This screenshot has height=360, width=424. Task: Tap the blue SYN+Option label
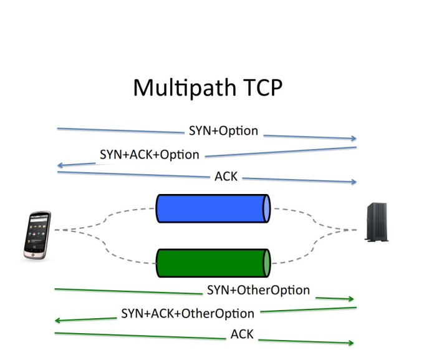[x=223, y=131]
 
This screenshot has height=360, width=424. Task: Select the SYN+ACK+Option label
[x=150, y=155]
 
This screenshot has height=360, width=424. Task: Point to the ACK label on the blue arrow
[x=226, y=177]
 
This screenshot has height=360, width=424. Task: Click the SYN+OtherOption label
[x=259, y=290]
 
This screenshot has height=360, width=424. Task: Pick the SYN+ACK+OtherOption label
[x=188, y=314]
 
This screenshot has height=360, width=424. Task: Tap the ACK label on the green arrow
[x=242, y=334]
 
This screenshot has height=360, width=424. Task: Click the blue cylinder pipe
[x=213, y=208]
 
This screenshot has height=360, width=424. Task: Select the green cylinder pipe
[x=213, y=263]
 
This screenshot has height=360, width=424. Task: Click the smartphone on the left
[x=37, y=235]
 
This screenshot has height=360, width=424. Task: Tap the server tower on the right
[x=377, y=222]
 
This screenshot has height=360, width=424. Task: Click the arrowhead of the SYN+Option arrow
[x=354, y=139]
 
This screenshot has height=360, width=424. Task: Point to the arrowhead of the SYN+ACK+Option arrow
[x=60, y=165]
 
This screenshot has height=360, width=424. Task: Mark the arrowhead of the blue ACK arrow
[x=354, y=182]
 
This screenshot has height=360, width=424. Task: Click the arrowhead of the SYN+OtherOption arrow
[x=351, y=299]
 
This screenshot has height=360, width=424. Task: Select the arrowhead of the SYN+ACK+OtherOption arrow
[x=58, y=321]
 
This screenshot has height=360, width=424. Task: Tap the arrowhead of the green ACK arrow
[x=351, y=343]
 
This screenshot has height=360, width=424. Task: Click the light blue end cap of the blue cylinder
[x=267, y=208]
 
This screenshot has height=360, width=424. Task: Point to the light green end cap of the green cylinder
[x=267, y=263]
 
